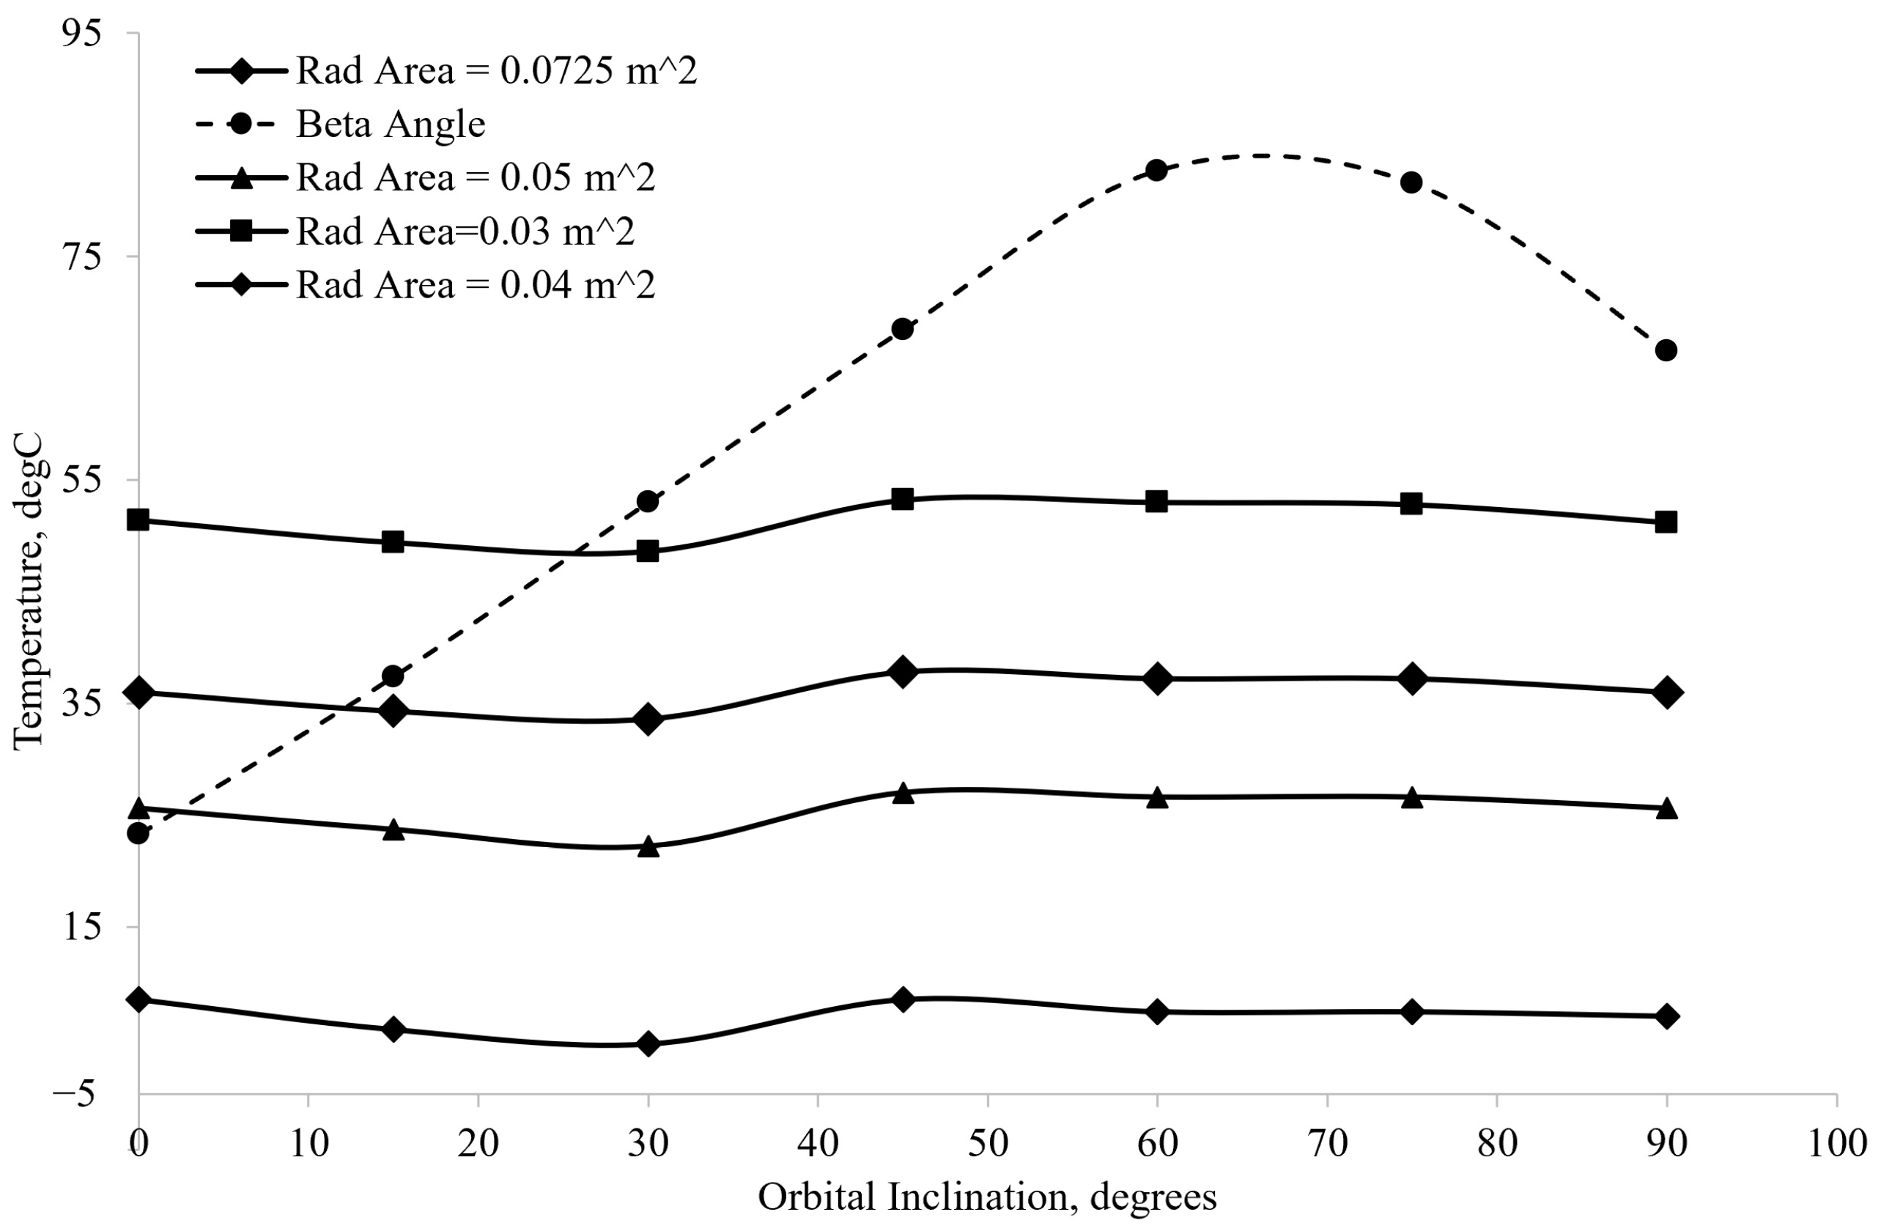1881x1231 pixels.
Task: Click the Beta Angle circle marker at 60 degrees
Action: pos(1156,170)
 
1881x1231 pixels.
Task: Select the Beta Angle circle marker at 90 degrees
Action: pos(1666,350)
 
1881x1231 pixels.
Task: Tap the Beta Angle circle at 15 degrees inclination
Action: pos(393,676)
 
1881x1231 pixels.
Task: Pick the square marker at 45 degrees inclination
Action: pos(903,498)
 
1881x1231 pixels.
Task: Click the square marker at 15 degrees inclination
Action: pos(393,542)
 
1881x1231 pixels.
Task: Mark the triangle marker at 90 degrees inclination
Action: pos(1666,808)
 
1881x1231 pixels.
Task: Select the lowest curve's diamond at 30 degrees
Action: pos(648,1043)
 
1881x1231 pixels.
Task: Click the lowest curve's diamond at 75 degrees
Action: pos(1411,1011)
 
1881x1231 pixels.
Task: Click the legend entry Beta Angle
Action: pos(391,124)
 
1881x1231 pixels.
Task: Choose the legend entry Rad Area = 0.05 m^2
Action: pos(476,178)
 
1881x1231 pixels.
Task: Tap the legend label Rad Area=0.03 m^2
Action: pos(465,232)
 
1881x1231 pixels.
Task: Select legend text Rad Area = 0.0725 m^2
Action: pos(496,71)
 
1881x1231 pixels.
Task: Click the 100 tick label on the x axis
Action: pos(1835,1143)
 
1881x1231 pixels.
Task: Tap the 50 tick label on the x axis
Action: pos(987,1143)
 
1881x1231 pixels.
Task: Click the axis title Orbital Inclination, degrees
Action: pos(987,1197)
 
